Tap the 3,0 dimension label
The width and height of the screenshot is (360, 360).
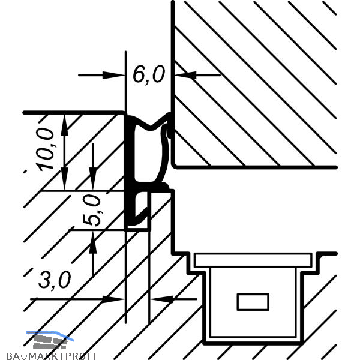coord(55,279)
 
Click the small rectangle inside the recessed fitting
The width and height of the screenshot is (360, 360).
coord(253,302)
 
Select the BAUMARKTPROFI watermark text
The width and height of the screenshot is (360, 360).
coord(48,355)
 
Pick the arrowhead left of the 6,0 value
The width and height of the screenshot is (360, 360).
coord(114,75)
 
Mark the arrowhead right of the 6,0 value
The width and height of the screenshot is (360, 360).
coord(182,75)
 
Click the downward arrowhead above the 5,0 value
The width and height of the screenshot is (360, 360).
coord(92,182)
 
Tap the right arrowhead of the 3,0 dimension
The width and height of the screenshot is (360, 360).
coord(157,298)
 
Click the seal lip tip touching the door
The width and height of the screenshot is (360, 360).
coord(170,127)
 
